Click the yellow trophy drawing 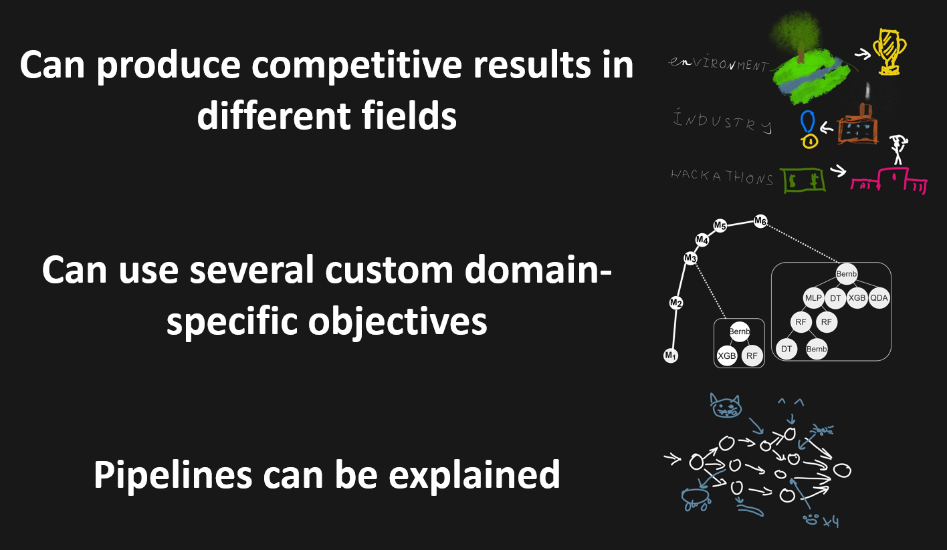[x=890, y=49]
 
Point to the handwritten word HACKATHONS [x=722, y=178]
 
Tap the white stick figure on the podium [x=897, y=150]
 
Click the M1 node [x=670, y=356]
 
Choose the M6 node [x=760, y=221]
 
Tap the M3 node [x=690, y=258]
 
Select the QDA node [x=879, y=299]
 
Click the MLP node [x=813, y=299]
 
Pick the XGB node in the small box [x=726, y=356]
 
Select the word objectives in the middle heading [x=397, y=321]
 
